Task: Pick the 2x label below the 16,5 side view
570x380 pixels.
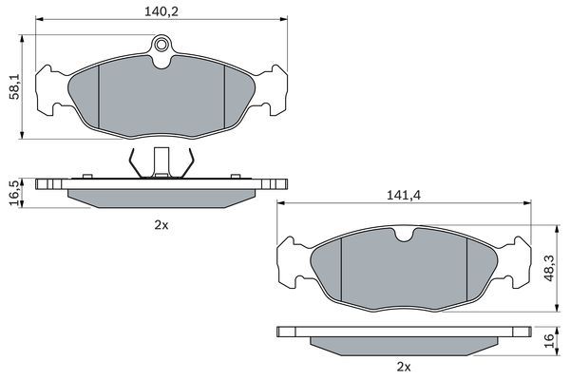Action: coord(161,226)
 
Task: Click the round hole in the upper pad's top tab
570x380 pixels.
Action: coord(162,44)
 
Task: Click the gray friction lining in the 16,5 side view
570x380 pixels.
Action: coord(161,195)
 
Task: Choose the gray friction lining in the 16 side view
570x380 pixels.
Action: coord(403,343)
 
